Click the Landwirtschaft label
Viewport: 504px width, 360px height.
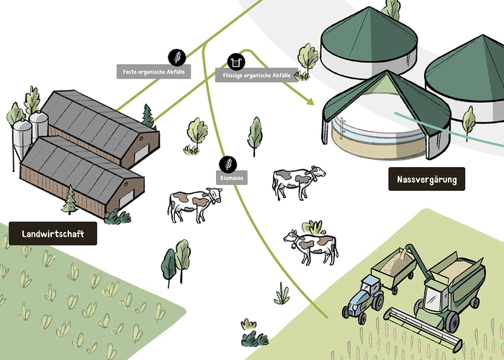click(x=53, y=234)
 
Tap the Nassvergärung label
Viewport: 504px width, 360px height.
click(x=427, y=179)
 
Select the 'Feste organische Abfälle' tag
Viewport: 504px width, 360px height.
click(x=154, y=71)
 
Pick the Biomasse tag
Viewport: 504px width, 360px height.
click(x=232, y=176)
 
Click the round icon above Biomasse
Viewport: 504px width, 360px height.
click(x=227, y=163)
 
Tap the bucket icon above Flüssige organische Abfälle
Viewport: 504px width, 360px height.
click(x=235, y=60)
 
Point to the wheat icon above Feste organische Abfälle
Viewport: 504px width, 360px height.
click(x=176, y=56)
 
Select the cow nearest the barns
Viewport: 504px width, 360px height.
click(x=193, y=204)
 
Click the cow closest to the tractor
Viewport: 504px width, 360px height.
click(x=311, y=245)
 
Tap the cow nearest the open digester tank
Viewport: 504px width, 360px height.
click(x=297, y=181)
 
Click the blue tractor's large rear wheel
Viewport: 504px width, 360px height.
click(x=355, y=309)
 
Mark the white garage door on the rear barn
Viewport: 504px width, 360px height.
click(x=142, y=153)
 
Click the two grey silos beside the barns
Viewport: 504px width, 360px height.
click(x=30, y=133)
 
